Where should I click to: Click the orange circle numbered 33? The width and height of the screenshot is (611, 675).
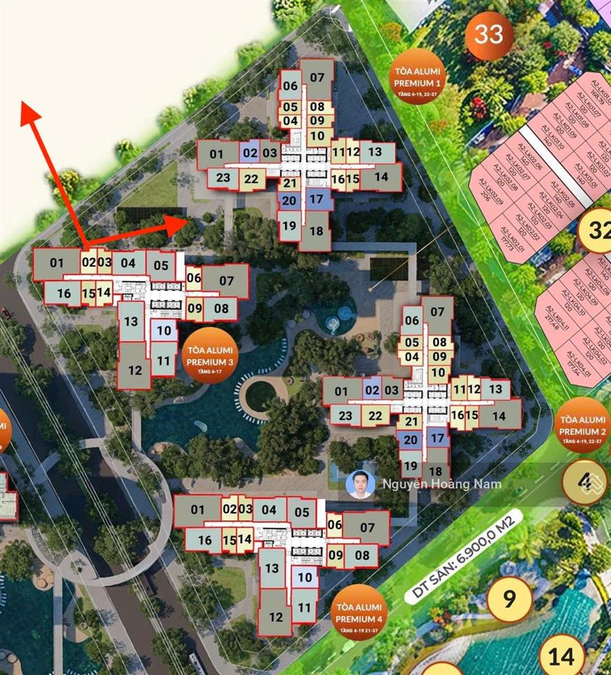coord(489,34)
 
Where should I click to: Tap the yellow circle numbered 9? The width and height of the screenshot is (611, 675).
coord(509,599)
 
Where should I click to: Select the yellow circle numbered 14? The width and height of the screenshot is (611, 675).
coord(562,656)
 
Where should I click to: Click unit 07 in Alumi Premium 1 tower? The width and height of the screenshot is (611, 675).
coord(317,77)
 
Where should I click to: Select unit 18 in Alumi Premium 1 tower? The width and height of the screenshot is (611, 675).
coord(316,231)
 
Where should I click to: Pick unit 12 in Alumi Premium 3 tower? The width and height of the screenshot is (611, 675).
coord(135,369)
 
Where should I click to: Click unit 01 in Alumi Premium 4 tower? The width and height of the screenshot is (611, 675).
coord(196,510)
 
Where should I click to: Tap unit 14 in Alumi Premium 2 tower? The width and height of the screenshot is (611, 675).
coord(499,416)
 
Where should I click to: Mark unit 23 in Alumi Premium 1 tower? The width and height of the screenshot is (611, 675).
coord(223,178)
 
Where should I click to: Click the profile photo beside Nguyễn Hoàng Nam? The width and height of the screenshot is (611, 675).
coord(360,484)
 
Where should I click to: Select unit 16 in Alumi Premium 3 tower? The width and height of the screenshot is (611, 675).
coord(64,292)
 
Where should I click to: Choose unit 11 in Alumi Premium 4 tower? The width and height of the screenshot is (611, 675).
coord(304,607)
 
